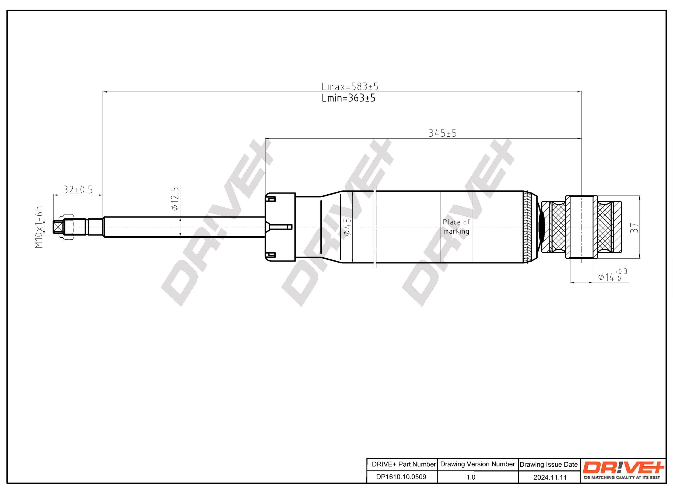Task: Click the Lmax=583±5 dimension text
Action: tap(350, 86)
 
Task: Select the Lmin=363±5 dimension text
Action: tap(348, 98)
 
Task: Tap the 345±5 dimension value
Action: tap(442, 133)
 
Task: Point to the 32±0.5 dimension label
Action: tap(78, 190)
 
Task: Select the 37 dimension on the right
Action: tap(634, 228)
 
